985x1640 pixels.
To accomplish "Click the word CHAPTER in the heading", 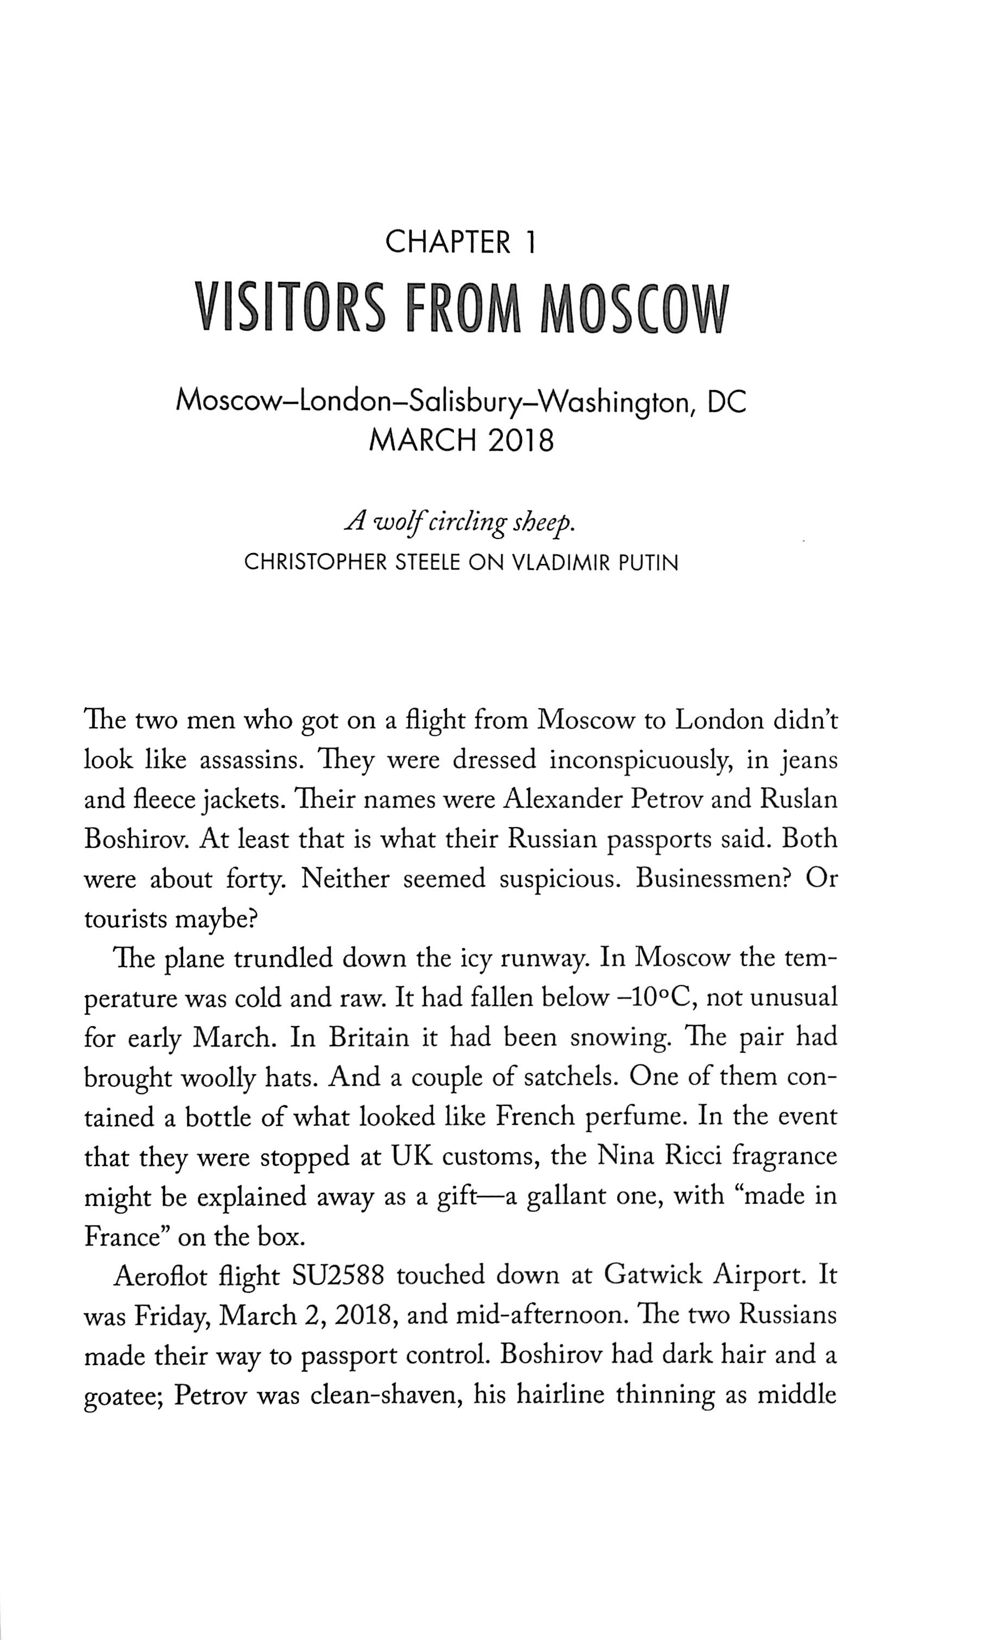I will click(x=448, y=242).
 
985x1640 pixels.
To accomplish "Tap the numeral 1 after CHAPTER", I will click(x=529, y=242).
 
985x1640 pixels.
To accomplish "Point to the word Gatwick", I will click(x=653, y=1276).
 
